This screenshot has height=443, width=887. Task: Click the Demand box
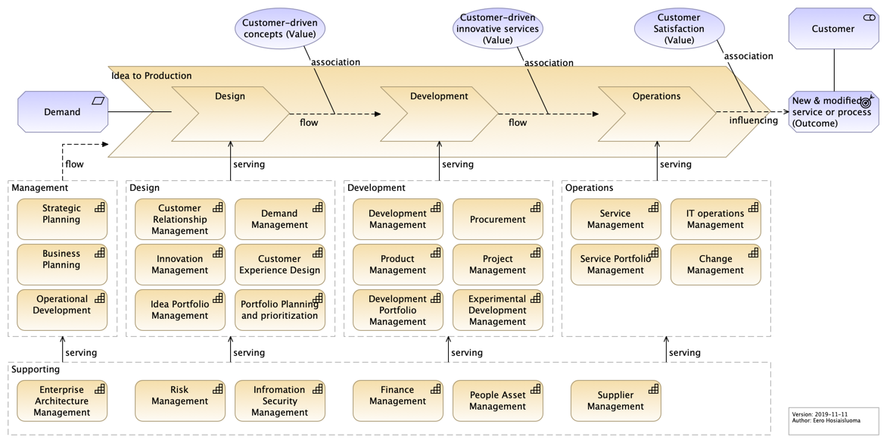(x=63, y=112)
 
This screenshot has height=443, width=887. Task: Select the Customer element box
(x=834, y=28)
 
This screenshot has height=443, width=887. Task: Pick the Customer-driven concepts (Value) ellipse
(x=281, y=29)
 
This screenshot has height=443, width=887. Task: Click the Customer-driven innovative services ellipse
(x=498, y=29)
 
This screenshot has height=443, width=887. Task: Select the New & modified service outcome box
(x=834, y=112)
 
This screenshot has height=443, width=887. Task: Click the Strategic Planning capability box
(x=62, y=219)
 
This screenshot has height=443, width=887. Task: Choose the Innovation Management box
(x=180, y=265)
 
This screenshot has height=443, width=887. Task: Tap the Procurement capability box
(x=498, y=219)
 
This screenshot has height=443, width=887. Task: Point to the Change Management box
(x=716, y=265)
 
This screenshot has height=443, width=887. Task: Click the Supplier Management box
(x=615, y=401)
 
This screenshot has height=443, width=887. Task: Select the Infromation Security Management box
(x=280, y=401)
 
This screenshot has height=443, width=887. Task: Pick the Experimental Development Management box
(x=498, y=310)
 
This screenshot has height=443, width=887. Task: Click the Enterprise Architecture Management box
(x=62, y=401)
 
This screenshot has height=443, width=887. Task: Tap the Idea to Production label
(x=151, y=76)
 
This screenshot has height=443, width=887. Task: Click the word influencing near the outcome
(x=754, y=120)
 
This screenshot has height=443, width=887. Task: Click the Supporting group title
(x=36, y=370)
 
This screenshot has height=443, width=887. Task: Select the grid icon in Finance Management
(x=436, y=388)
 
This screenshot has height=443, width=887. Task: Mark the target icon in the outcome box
(x=866, y=101)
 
